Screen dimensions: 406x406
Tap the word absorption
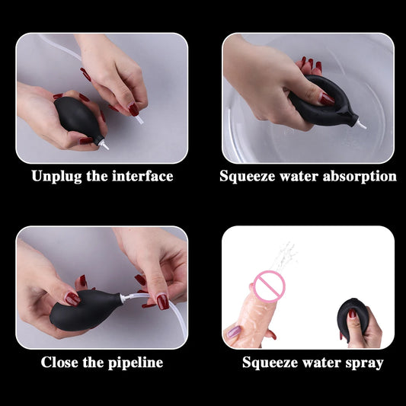coord(360,177)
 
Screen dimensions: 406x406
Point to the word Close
coord(60,363)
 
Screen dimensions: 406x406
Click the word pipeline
coord(134,363)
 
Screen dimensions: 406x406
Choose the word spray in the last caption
coord(364,363)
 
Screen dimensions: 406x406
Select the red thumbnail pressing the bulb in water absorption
coord(326,98)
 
